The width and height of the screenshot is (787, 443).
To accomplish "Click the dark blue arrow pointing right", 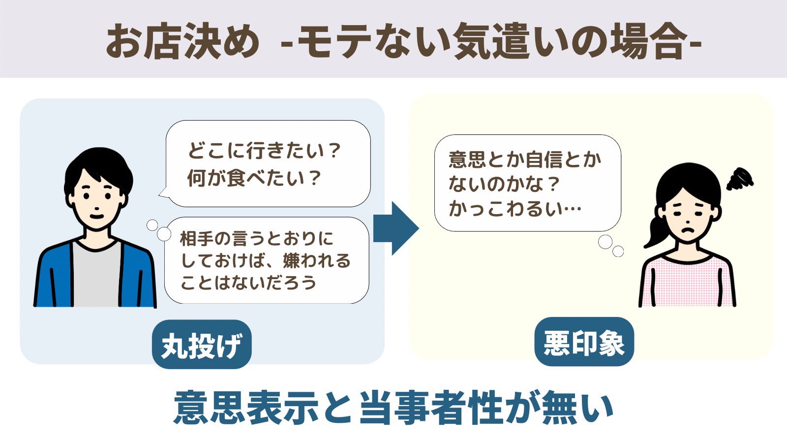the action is click(x=395, y=228).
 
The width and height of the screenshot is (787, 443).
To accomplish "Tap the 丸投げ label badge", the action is click(x=202, y=345).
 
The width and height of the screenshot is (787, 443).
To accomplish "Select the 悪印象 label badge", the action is click(x=584, y=343).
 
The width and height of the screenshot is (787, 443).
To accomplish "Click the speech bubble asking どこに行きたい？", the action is click(x=268, y=163).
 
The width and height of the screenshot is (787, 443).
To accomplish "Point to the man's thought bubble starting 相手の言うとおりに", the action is click(x=266, y=260).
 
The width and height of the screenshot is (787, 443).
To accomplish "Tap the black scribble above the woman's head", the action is click(x=740, y=180).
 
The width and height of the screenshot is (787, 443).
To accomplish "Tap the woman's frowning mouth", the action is click(x=687, y=229).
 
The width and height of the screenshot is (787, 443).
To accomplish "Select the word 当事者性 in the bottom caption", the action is click(x=430, y=408).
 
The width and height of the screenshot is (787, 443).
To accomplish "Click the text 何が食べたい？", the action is click(x=254, y=178).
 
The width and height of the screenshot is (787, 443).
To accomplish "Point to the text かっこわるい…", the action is click(x=515, y=209).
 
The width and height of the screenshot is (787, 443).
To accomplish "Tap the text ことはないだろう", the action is click(x=248, y=283).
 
